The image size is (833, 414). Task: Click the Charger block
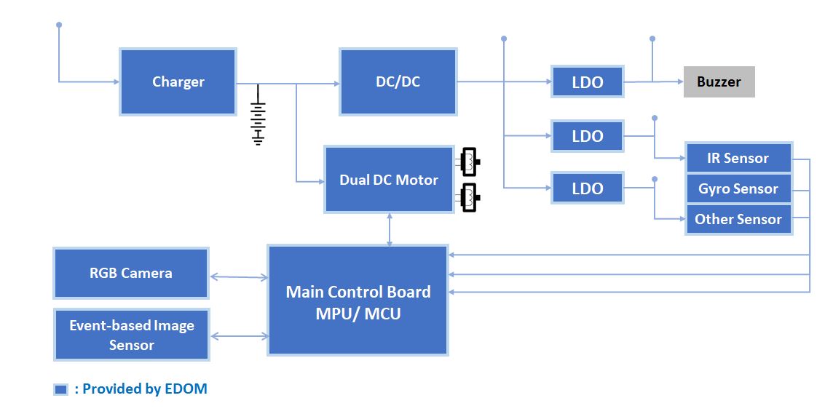(178, 81)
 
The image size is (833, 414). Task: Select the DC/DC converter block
(398, 81)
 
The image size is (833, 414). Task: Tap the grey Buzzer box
(718, 81)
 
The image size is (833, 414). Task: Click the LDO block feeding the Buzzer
(587, 82)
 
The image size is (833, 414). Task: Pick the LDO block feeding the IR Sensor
(587, 136)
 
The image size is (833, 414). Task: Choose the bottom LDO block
(587, 188)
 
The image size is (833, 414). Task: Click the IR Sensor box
(738, 158)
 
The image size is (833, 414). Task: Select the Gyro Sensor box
(738, 188)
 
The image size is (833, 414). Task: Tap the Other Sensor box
(738, 219)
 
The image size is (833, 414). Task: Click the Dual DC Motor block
(389, 180)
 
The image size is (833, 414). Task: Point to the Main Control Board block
(358, 301)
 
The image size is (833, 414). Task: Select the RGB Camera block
(131, 273)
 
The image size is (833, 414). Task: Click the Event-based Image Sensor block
(131, 335)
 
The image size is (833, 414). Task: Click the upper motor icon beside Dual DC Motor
(470, 162)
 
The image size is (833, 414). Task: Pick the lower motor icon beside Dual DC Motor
(470, 197)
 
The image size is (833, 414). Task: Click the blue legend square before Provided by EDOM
(61, 389)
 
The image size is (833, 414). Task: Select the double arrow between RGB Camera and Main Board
(239, 276)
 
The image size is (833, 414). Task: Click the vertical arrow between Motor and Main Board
(390, 229)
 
